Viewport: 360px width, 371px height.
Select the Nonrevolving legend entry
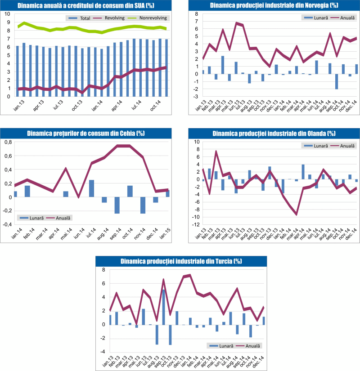[x=152, y=18]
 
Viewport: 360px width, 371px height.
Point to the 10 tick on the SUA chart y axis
[x=8, y=14]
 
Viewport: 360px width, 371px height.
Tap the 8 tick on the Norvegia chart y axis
[x=196, y=14]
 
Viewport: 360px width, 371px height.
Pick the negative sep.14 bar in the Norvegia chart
[x=336, y=81]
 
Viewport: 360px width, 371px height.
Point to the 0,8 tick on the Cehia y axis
[x=8, y=142]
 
